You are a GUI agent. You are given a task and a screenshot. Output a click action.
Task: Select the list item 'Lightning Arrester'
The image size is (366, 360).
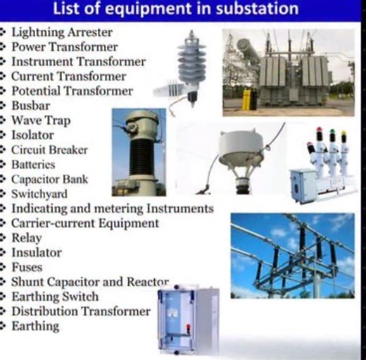pyautogui.click(x=62, y=32)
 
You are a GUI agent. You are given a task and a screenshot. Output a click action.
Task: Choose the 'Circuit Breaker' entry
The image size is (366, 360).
pyautogui.click(x=49, y=149)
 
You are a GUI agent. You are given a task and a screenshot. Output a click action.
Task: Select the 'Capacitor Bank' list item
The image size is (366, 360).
pyautogui.click(x=49, y=179)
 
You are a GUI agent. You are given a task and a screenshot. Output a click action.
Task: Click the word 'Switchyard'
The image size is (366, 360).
pyautogui.click(x=39, y=194)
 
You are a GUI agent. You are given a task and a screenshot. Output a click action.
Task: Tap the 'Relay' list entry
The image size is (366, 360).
pyautogui.click(x=27, y=237)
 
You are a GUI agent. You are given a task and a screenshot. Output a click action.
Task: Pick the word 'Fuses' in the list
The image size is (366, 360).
pyautogui.click(x=27, y=267)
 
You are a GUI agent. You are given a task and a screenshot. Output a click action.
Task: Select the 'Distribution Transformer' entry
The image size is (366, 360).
pyautogui.click(x=81, y=311)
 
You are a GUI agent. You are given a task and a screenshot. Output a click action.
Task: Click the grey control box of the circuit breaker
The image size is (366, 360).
pyautogui.click(x=303, y=185)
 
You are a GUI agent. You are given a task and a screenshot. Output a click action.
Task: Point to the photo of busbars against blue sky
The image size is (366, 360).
pyautogui.click(x=292, y=254)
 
